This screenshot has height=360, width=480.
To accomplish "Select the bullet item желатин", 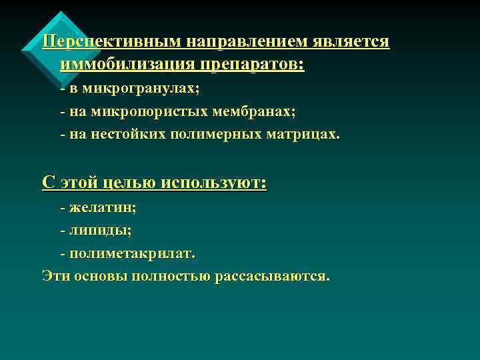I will (103, 207).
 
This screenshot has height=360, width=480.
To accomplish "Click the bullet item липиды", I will (100, 231).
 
